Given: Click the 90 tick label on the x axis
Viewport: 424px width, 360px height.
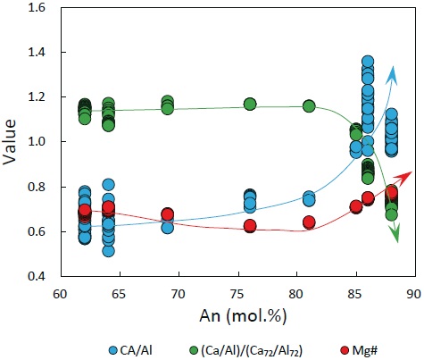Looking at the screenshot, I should (x=413, y=292).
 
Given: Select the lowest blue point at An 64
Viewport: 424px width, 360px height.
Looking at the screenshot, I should (x=108, y=250).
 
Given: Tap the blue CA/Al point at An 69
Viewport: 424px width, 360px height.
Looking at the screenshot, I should (x=167, y=227).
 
